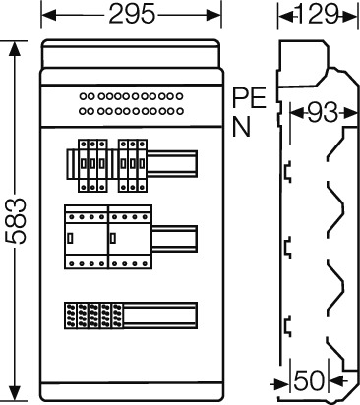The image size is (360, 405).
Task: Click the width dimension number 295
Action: pyautogui.click(x=132, y=15)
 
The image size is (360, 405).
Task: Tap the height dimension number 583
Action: pyautogui.click(x=16, y=221)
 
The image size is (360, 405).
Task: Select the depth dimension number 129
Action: pyautogui.click(x=317, y=14)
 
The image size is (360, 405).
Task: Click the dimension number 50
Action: pyautogui.click(x=309, y=380)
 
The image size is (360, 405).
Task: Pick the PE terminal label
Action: pyautogui.click(x=249, y=98)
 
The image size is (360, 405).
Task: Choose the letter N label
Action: pyautogui.click(x=241, y=127)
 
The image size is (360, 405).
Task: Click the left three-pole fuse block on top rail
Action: pyautogui.click(x=92, y=165)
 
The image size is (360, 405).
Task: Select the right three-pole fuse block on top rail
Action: pyautogui.click(x=132, y=165)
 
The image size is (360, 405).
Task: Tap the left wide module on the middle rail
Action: pyautogui.click(x=87, y=237)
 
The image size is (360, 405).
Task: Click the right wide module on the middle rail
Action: pyautogui.click(x=131, y=237)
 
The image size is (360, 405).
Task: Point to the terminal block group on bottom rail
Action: pyautogui.click(x=93, y=316)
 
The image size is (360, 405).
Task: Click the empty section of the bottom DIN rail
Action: pyautogui.click(x=160, y=316)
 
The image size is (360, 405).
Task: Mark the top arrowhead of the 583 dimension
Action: pyautogui.click(x=14, y=48)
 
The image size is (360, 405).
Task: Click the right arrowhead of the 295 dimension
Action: pyautogui.click(x=213, y=15)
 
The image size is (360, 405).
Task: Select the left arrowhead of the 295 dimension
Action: pyautogui.click(x=48, y=15)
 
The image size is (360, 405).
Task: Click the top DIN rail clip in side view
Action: pyautogui.click(x=287, y=172)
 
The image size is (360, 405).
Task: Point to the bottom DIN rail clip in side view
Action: pyautogui.click(x=287, y=326)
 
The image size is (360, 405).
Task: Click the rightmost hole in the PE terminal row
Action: pyautogui.click(x=179, y=96)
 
